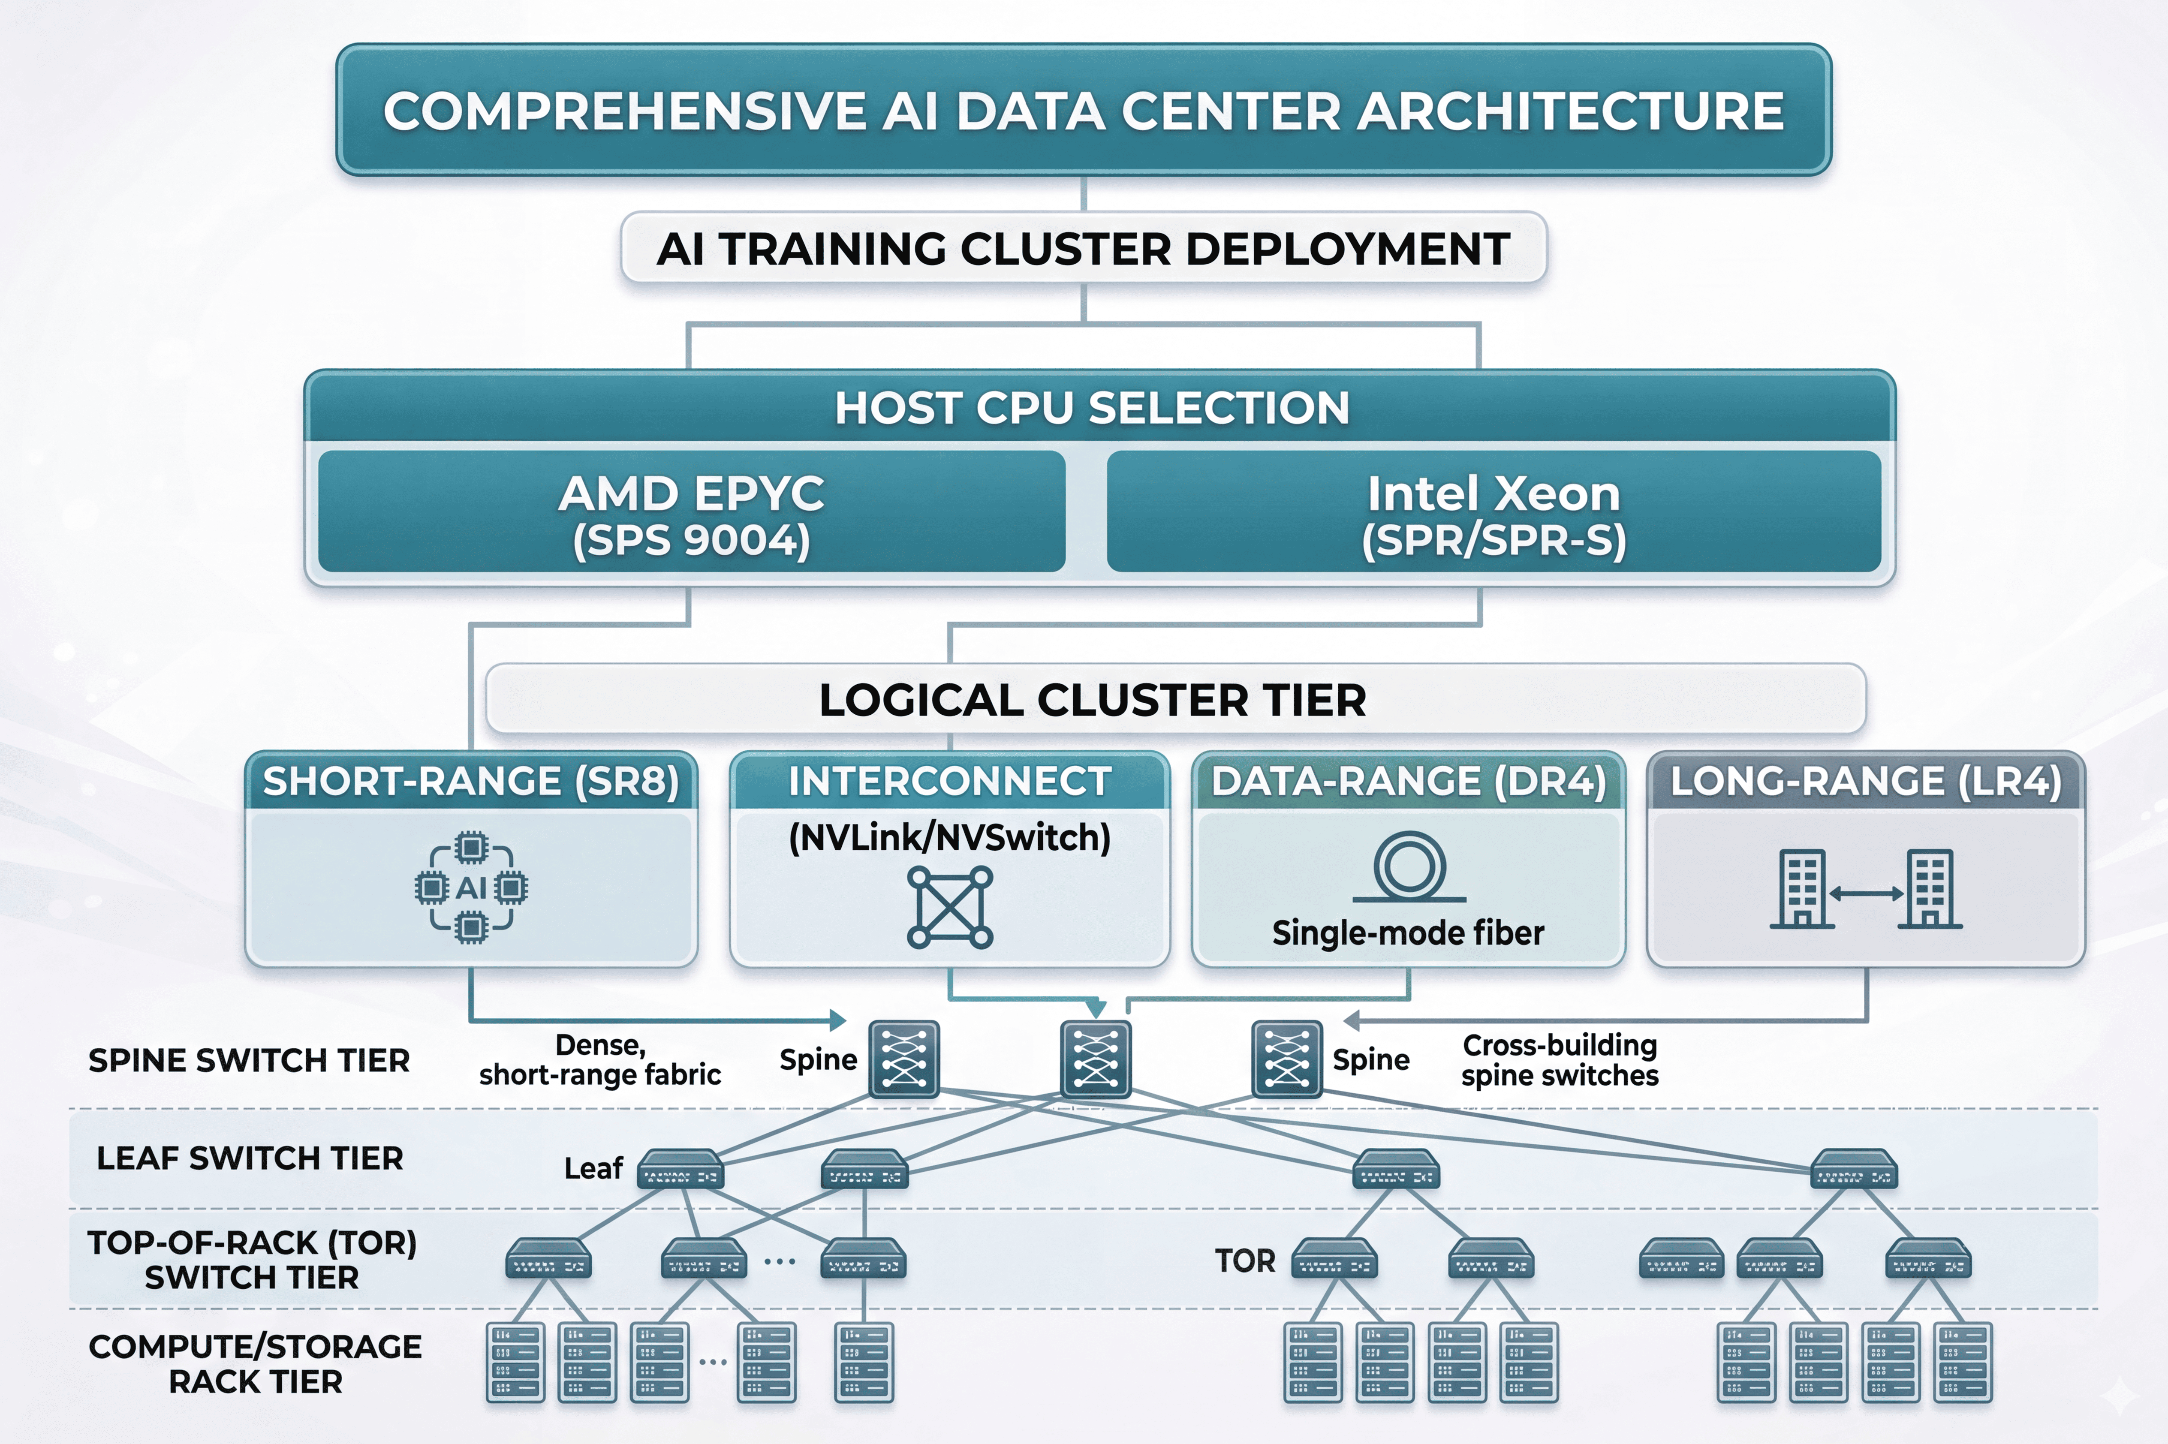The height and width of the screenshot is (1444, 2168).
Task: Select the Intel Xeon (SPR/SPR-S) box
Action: (x=1493, y=512)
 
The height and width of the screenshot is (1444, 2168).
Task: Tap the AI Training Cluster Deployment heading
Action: (x=1083, y=249)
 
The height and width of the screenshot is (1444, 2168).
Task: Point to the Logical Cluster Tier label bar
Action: (x=1092, y=700)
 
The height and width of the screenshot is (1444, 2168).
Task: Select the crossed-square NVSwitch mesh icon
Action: (x=949, y=907)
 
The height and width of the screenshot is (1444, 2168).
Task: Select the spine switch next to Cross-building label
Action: (x=1287, y=1059)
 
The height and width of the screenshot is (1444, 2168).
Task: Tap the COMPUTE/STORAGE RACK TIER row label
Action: (x=255, y=1364)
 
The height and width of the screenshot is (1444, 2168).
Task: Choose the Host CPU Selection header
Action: (x=1092, y=408)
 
